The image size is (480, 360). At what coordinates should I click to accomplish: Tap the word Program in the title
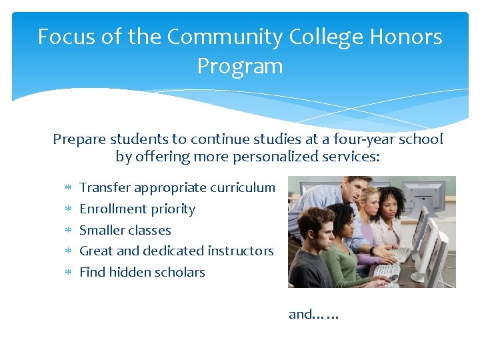(x=239, y=66)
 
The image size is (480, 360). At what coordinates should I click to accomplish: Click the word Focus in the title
(x=65, y=37)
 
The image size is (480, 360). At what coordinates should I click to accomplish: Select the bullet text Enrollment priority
(x=137, y=209)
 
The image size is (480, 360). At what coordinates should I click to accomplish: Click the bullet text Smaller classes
(x=125, y=230)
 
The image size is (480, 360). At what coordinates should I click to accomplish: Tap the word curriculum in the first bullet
(x=242, y=188)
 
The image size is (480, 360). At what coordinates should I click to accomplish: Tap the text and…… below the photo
(x=313, y=314)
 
